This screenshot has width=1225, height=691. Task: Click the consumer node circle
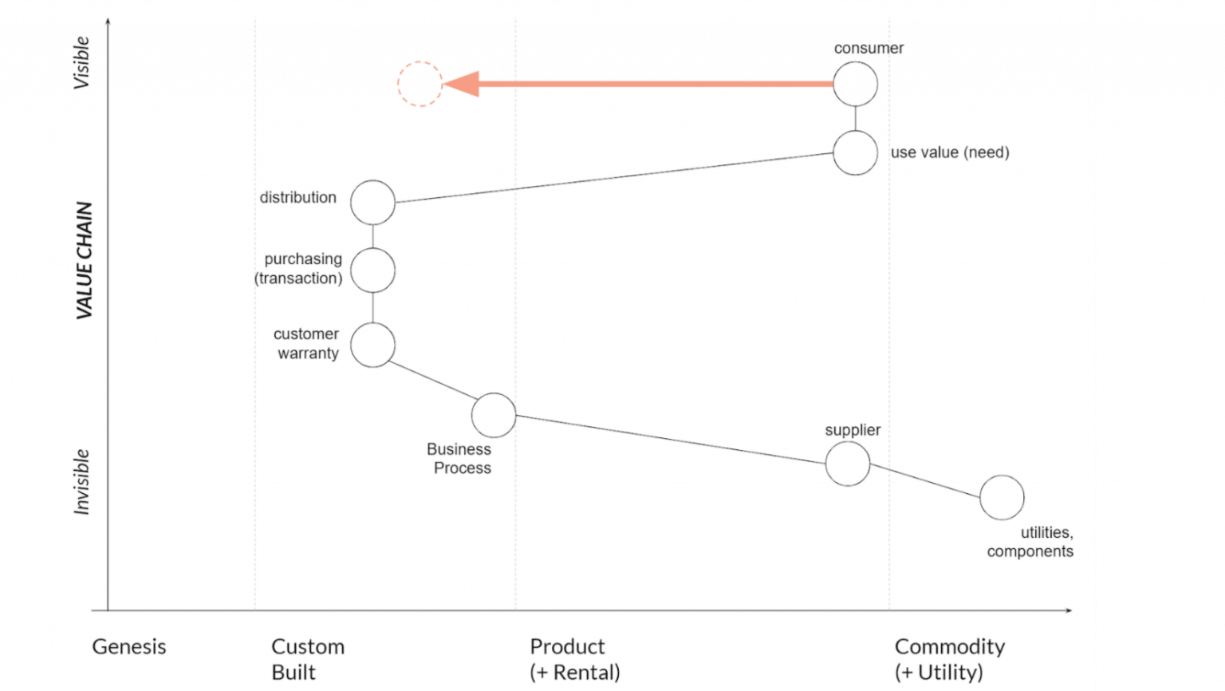855,84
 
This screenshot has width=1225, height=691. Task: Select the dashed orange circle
419,84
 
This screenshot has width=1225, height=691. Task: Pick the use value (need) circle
855,152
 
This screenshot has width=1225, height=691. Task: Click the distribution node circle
372,203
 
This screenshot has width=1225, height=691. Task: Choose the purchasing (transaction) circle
372,270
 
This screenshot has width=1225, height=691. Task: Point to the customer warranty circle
372,345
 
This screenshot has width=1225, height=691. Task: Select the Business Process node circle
494,415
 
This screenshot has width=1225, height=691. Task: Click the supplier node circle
847,464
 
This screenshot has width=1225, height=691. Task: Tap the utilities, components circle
1002,497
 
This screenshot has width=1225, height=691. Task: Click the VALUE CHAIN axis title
85,261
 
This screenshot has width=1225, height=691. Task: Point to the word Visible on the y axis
81,63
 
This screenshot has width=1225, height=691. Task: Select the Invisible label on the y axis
81,482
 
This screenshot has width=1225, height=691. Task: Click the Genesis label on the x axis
129,646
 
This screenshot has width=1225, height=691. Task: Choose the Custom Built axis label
307,659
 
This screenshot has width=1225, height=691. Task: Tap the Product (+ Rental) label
574,659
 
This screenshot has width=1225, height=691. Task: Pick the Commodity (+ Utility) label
949,659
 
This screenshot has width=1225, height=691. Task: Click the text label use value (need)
949,152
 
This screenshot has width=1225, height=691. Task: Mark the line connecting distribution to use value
614,178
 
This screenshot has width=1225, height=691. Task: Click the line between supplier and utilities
925,481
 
